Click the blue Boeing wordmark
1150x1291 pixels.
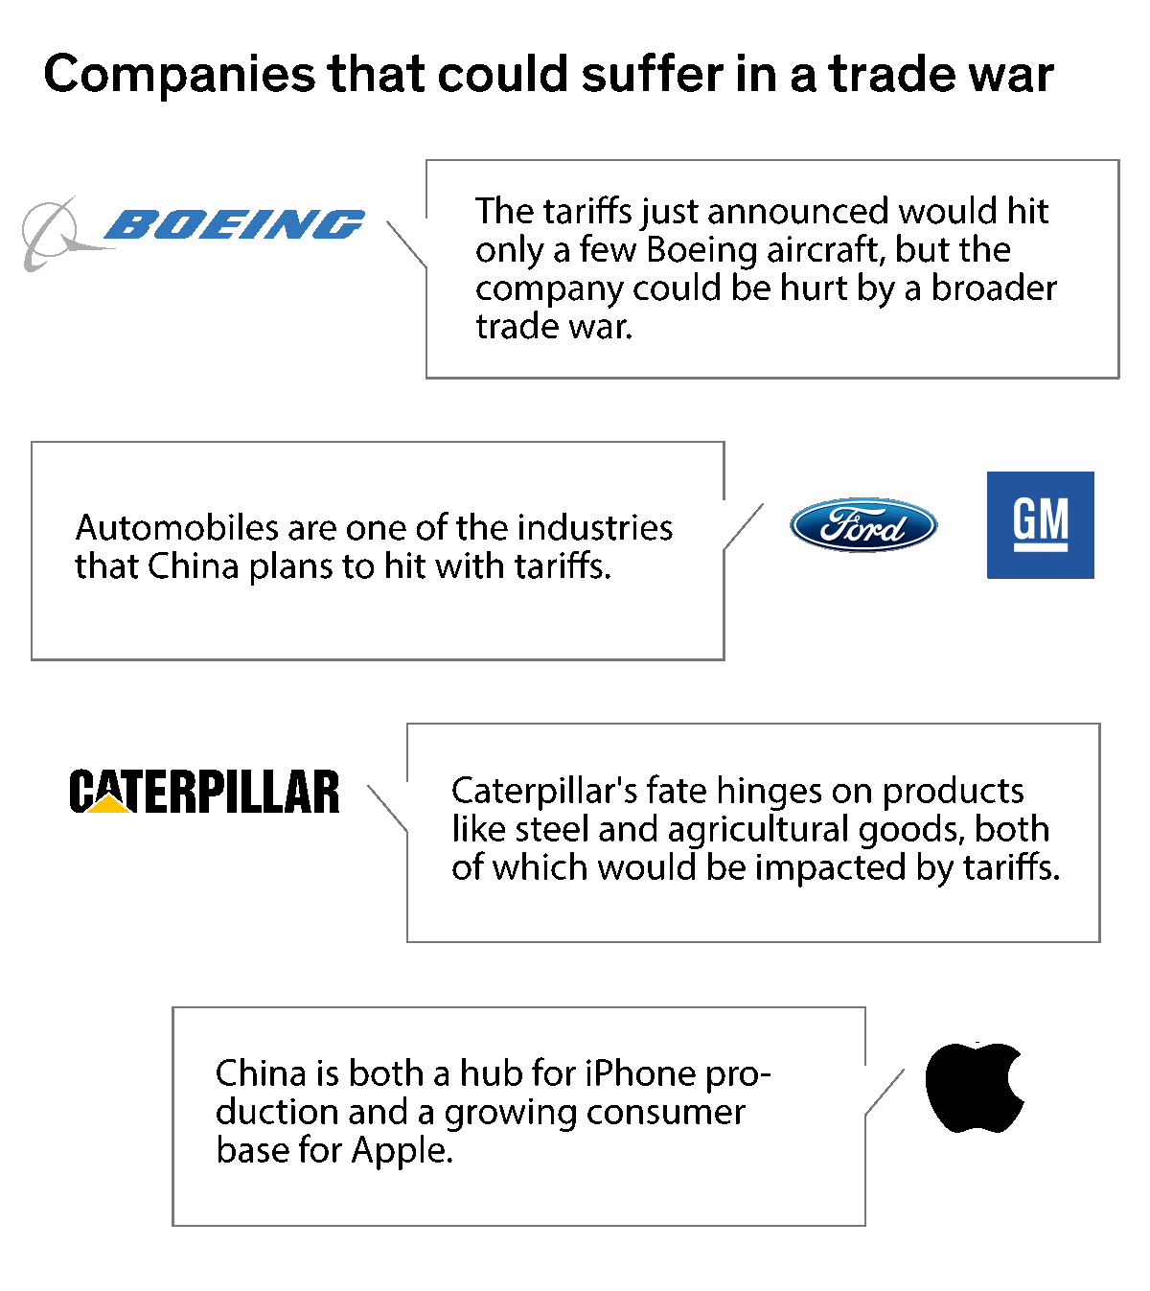235,224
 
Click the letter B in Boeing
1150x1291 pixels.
128,224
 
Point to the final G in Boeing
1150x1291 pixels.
337,224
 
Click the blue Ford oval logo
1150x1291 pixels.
863,524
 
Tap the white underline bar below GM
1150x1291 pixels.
1041,548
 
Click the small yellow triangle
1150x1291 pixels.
108,804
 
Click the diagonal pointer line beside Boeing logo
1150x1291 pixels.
406,244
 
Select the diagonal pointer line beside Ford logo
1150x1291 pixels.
744,526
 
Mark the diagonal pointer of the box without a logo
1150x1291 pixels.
885,1093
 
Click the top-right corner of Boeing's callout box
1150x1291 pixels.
1118,161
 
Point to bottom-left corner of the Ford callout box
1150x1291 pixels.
33,658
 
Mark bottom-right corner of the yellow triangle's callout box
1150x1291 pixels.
1099,941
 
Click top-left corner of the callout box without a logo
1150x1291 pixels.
173,1008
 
